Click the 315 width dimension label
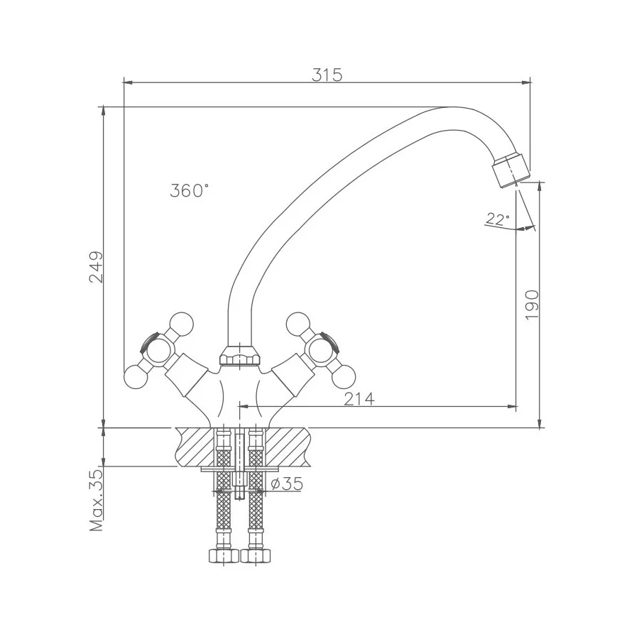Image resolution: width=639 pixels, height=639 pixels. point(327,75)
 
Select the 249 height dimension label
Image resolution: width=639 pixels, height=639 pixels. point(97,267)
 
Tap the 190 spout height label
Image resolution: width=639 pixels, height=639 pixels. point(532,305)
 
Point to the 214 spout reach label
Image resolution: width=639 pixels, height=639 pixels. point(359,399)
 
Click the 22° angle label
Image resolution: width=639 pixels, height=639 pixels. point(497,219)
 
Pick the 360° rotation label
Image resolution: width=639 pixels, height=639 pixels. point(190,190)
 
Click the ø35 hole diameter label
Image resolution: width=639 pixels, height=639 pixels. point(288,484)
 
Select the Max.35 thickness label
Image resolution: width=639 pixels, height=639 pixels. point(97,500)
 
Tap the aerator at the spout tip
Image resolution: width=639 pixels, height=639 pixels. point(510,170)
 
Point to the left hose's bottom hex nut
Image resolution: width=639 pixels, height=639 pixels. point(224,555)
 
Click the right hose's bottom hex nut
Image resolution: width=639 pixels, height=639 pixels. point(256,555)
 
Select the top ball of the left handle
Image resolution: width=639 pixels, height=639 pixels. point(181,324)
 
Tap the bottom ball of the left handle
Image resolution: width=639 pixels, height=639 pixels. point(136,378)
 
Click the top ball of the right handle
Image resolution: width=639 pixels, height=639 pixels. point(298,324)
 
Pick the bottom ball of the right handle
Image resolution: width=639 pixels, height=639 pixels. point(344,376)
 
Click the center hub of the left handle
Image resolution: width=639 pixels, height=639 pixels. point(158,351)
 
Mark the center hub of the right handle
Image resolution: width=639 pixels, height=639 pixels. point(321,351)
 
